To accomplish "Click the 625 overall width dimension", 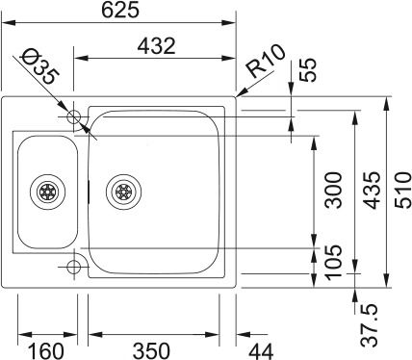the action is (120, 10).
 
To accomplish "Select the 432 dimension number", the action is (157, 46).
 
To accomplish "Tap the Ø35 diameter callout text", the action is (39, 65).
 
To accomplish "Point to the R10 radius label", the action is (267, 61).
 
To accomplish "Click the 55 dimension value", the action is (308, 70).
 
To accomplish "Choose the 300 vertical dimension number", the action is (334, 190).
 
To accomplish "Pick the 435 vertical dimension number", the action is (372, 190).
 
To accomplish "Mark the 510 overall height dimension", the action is (402, 190).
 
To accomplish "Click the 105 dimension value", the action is (334, 263).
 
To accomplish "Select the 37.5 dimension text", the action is (369, 325).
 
